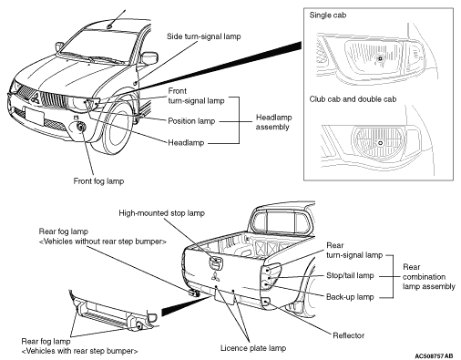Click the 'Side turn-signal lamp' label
[203, 36]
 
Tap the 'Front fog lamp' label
[98, 181]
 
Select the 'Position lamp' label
[191, 121]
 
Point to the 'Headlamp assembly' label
[273, 122]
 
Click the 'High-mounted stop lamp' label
[161, 213]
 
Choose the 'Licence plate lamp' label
[253, 348]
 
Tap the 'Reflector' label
[348, 335]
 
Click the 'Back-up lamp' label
[350, 297]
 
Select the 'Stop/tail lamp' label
[350, 275]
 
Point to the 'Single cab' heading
[328, 15]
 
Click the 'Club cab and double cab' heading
[353, 99]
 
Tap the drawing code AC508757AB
[434, 355]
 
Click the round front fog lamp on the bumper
[81, 127]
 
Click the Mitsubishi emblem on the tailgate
[215, 275]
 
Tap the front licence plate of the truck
[35, 116]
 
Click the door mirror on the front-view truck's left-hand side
[149, 58]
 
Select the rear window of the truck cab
[282, 222]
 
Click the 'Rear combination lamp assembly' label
[429, 277]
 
